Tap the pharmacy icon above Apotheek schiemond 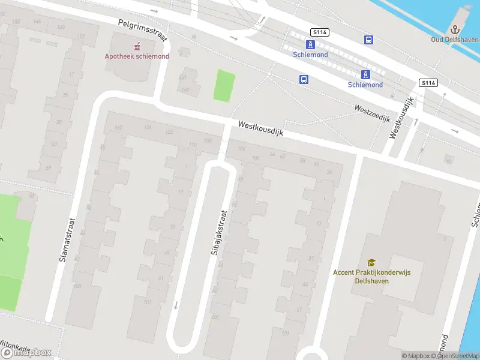click(137, 46)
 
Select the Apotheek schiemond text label click(137, 56)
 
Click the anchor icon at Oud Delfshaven click(455, 29)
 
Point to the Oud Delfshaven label click(455, 40)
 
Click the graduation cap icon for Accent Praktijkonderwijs click(372, 262)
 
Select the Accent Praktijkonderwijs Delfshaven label click(372, 276)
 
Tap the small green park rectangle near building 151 click(224, 86)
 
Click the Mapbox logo click(26, 353)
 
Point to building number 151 click(183, 78)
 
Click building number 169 click(185, 91)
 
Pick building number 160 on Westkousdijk click(118, 127)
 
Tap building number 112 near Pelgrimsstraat click(81, 36)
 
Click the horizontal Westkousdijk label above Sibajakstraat click(260, 128)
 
